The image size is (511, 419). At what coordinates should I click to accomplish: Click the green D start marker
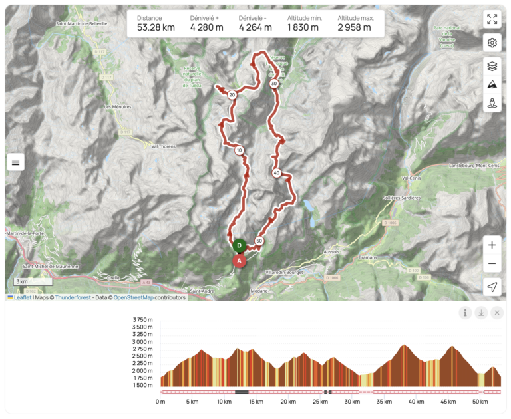240,245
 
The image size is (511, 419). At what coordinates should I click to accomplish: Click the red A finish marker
239,261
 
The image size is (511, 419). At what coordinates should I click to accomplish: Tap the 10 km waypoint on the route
239,150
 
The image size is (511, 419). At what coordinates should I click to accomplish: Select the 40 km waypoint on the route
276,174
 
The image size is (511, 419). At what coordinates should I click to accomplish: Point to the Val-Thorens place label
163,146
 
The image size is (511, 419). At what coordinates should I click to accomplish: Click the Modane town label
259,291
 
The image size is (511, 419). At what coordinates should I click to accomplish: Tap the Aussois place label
331,252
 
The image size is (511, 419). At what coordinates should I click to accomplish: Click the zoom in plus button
492,245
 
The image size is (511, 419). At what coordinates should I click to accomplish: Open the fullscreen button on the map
492,19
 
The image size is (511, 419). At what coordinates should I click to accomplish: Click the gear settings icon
492,43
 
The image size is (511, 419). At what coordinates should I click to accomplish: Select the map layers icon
492,66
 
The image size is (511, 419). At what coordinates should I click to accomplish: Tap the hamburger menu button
16,162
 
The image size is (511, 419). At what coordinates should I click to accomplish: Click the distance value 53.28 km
156,27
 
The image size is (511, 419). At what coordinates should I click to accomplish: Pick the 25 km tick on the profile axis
320,402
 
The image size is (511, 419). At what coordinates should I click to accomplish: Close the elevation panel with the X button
497,313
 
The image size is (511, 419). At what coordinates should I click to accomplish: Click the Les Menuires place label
117,106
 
